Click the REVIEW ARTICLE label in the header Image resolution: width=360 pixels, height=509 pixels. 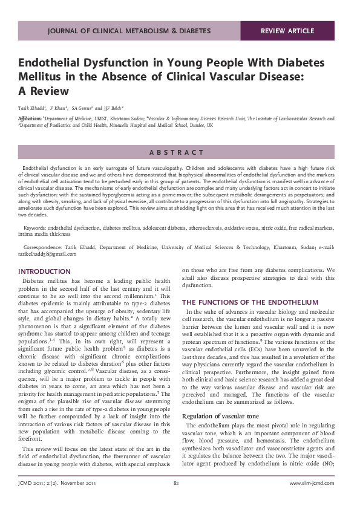[287, 31]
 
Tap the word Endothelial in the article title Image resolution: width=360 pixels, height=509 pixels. [50, 63]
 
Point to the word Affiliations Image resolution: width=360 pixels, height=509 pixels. [30, 119]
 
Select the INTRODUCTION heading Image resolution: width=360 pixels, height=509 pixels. [45, 271]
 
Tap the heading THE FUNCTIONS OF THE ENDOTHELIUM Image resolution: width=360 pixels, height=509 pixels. [250, 302]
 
